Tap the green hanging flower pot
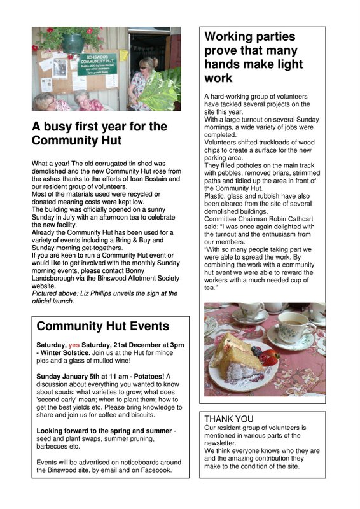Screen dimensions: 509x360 tap(74, 44)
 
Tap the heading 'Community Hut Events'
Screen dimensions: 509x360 tap(103, 326)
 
